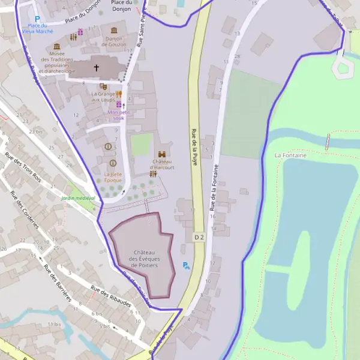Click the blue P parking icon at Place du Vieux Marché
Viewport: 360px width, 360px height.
(37, 19)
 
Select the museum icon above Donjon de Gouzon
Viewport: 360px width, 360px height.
(114, 31)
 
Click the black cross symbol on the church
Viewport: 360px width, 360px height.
(96, 68)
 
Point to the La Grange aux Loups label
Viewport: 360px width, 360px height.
(103, 97)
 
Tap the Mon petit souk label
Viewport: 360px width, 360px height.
(119, 115)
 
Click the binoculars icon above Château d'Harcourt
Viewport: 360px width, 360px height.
(162, 154)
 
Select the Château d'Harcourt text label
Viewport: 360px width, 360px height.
(163, 164)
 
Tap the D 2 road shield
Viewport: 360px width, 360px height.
(199, 238)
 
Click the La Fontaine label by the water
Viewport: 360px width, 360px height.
(290, 155)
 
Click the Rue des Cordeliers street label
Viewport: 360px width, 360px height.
(25, 209)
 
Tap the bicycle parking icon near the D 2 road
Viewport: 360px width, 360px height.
(186, 265)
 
